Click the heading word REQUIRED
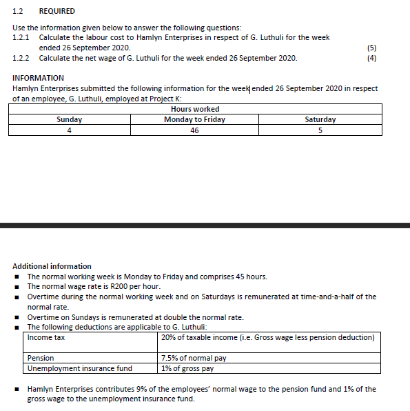(x=57, y=11)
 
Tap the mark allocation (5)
(x=373, y=48)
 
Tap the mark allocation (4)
(x=373, y=58)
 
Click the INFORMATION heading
(x=38, y=78)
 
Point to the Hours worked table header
(x=194, y=109)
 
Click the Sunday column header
(x=69, y=119)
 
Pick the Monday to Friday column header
(x=194, y=119)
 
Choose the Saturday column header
(x=320, y=119)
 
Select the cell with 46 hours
(x=194, y=130)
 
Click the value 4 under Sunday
(x=69, y=130)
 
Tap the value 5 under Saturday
(x=320, y=130)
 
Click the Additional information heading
(x=52, y=266)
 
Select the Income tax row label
(x=46, y=337)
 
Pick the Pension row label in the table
(x=41, y=359)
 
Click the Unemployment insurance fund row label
(x=79, y=368)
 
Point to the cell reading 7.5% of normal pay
(x=194, y=359)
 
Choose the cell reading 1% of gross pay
(x=187, y=368)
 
